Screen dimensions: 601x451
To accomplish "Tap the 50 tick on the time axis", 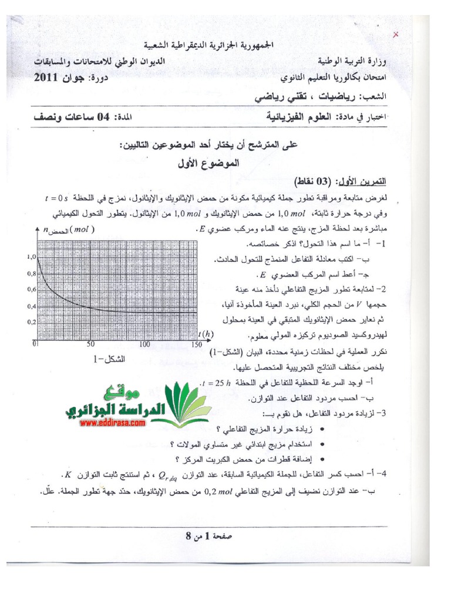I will coord(90,345).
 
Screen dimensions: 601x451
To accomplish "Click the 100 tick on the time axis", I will coord(144,345).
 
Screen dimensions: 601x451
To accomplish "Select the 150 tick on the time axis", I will coord(196,345).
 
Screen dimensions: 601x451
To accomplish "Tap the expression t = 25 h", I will coord(217,382).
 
